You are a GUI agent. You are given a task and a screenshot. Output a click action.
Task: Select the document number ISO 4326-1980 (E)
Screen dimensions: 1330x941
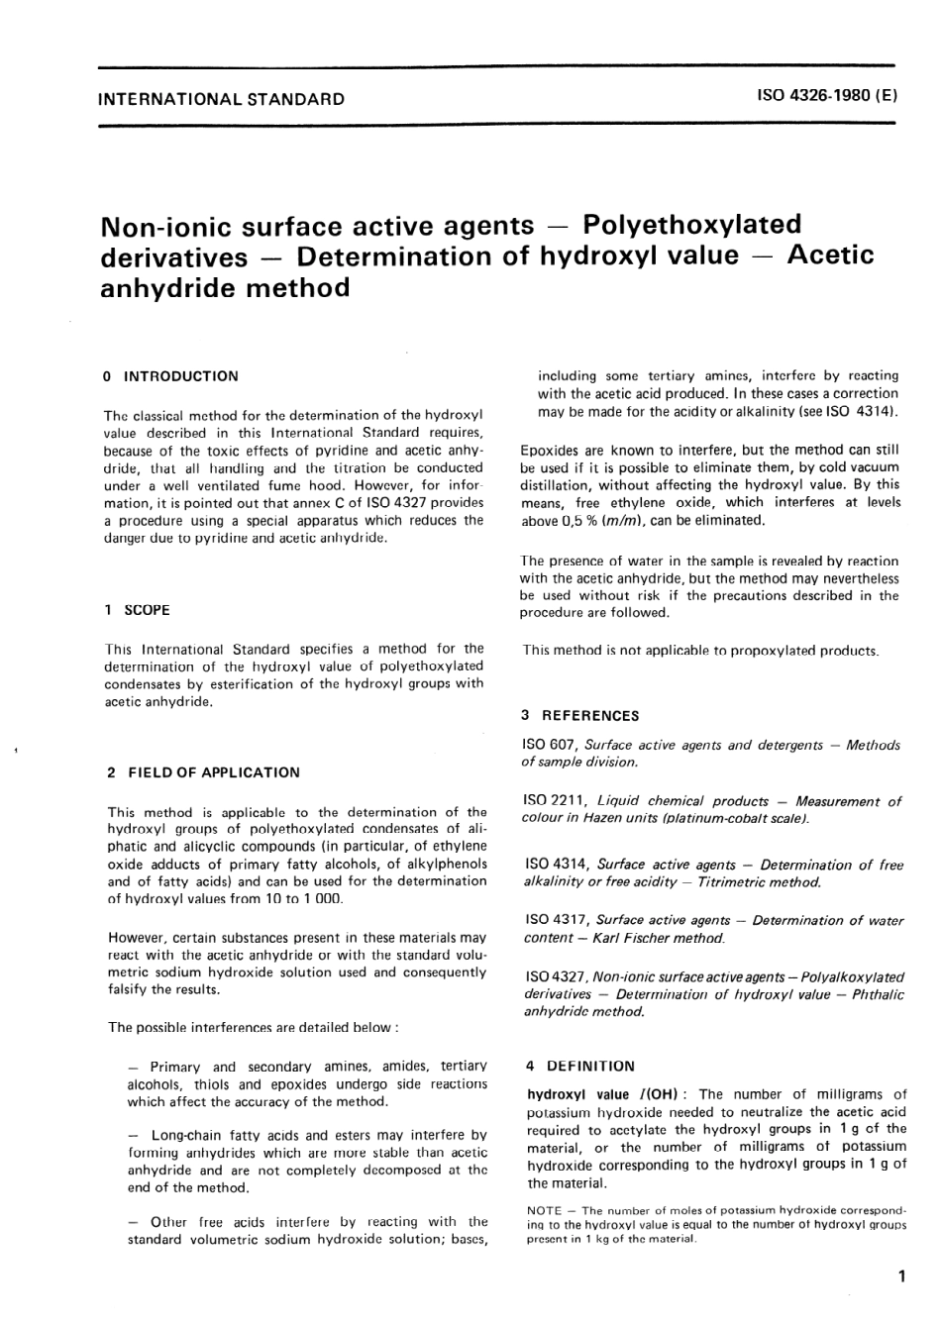[x=826, y=97]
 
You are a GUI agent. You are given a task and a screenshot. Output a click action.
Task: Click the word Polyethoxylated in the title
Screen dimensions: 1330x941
[x=692, y=225]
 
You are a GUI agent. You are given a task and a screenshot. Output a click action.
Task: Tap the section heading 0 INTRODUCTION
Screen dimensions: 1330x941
[x=171, y=376]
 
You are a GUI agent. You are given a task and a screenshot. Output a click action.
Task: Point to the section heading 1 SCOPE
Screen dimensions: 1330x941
[x=138, y=610]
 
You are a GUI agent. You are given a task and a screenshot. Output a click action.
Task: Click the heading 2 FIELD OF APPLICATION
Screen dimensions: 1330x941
[x=203, y=772]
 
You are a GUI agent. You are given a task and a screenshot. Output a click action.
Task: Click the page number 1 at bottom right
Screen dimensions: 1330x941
[x=899, y=1278]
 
